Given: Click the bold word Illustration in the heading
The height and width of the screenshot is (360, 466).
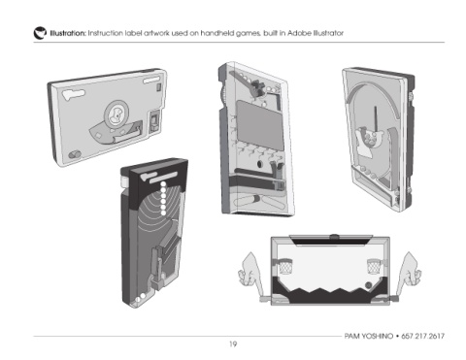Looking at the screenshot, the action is [68, 33].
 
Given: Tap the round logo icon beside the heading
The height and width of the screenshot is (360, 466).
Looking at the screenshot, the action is [40, 33].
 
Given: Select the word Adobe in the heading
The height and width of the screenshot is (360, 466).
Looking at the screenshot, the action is [299, 33].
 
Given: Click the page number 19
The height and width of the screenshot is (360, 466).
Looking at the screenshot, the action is [233, 344].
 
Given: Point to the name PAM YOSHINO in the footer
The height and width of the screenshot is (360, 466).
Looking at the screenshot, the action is [369, 336].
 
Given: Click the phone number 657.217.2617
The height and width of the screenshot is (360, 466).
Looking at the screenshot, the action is [423, 336].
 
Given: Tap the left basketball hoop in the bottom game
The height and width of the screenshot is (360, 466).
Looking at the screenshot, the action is [284, 266].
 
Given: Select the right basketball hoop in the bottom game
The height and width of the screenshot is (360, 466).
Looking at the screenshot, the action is [375, 266].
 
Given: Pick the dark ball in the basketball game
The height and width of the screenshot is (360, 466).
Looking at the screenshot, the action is [368, 285].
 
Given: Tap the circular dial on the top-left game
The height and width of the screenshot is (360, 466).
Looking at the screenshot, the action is [116, 114].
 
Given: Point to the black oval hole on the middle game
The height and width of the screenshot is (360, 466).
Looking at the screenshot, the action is [259, 164].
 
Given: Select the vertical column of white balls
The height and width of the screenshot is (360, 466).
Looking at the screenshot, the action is [163, 198].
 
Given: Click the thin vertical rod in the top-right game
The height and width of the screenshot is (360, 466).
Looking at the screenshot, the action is [376, 118].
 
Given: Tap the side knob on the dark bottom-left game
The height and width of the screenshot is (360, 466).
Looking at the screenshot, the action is [124, 181].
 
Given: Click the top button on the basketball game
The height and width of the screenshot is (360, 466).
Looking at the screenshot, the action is [334, 237].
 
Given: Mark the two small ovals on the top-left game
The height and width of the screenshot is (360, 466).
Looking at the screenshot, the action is [75, 154].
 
